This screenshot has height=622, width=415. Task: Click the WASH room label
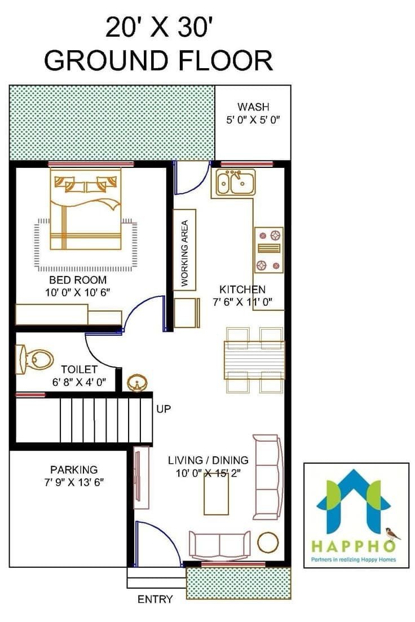click(x=253, y=107)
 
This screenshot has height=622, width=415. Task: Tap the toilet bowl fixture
click(x=37, y=357)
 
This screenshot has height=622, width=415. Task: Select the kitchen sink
click(x=233, y=182)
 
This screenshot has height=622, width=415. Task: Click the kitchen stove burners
click(x=268, y=250)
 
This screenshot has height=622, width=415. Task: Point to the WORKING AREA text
click(x=184, y=252)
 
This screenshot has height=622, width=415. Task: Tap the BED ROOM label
click(x=78, y=280)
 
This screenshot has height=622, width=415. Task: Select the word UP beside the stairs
click(x=164, y=409)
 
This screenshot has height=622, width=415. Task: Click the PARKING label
click(x=74, y=469)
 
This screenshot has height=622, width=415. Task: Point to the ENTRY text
click(x=155, y=599)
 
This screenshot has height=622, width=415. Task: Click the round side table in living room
click(x=268, y=543)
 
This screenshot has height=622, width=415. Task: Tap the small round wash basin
click(x=136, y=384)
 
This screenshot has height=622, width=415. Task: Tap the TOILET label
click(x=80, y=370)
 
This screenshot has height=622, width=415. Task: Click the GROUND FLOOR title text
click(x=158, y=60)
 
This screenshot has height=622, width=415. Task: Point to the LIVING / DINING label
click(x=208, y=460)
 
